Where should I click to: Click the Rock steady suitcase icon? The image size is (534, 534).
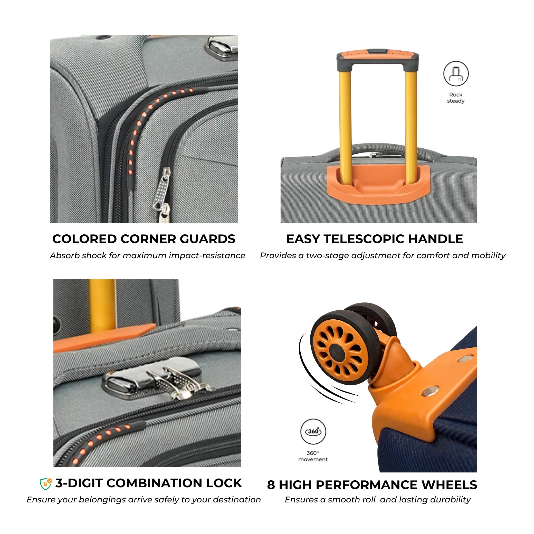[456, 74]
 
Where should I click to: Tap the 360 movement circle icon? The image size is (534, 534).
[313, 432]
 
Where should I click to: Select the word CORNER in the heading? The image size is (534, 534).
[148, 239]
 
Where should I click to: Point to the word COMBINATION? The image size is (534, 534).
[156, 483]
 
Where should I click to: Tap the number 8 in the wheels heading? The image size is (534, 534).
[271, 485]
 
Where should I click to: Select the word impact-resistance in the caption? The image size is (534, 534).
[207, 256]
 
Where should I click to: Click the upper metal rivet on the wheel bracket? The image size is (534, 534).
[465, 359]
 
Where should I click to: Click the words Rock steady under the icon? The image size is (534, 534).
[456, 98]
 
